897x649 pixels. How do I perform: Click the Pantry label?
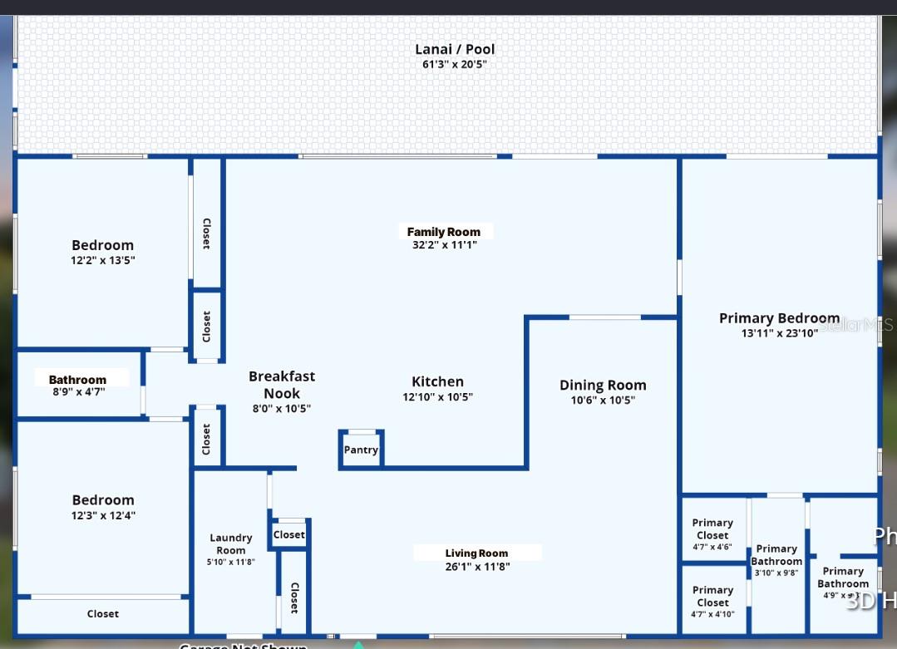click(x=361, y=450)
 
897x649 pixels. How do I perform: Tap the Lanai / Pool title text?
click(x=455, y=49)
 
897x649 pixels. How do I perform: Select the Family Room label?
click(x=444, y=232)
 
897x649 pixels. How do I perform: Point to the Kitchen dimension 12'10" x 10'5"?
click(x=437, y=397)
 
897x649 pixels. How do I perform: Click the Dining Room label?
click(x=603, y=385)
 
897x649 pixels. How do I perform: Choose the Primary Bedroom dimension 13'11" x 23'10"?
click(x=779, y=333)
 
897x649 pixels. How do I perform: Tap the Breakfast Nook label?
click(x=282, y=385)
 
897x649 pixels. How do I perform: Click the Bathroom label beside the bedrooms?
click(x=77, y=380)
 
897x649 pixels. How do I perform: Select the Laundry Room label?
click(x=231, y=543)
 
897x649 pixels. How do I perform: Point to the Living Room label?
click(x=476, y=553)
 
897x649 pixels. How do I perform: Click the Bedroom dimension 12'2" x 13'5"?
click(x=103, y=260)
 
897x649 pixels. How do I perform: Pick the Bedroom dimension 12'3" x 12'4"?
click(x=103, y=515)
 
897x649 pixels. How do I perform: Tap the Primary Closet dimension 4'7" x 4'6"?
click(x=712, y=547)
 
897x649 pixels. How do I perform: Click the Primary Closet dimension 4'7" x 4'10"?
click(x=712, y=614)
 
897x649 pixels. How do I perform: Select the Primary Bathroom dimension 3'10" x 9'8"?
click(x=776, y=573)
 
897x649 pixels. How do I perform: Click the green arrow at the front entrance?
click(x=358, y=644)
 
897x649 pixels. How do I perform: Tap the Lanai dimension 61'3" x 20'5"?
click(x=454, y=64)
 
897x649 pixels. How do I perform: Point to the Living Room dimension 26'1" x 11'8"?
click(x=477, y=567)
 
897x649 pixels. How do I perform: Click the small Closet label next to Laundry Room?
click(x=289, y=535)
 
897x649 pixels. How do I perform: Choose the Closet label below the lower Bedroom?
click(x=103, y=614)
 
